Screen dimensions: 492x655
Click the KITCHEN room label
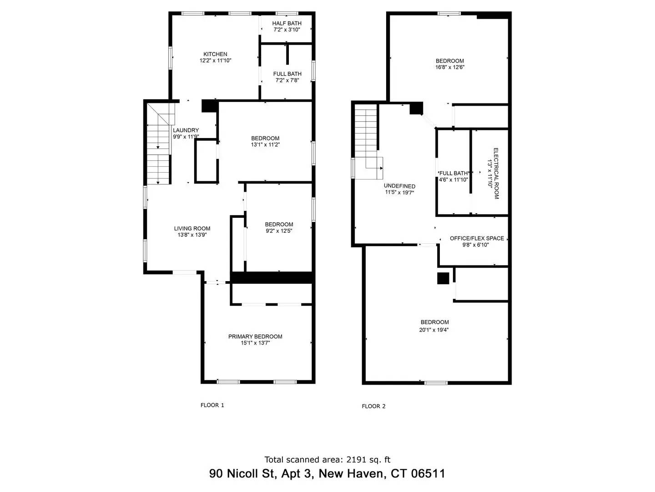(x=215, y=54)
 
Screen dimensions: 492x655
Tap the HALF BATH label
(x=287, y=24)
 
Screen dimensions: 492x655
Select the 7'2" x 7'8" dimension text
(x=287, y=80)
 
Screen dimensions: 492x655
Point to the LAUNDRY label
(x=186, y=130)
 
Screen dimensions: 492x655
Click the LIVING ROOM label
(x=192, y=229)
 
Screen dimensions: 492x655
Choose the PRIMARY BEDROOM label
(x=255, y=337)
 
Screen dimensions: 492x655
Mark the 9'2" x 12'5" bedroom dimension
(x=279, y=231)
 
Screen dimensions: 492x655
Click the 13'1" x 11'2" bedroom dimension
(x=265, y=145)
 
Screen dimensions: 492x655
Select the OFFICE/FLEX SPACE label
(x=477, y=238)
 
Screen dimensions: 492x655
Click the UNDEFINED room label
(x=399, y=186)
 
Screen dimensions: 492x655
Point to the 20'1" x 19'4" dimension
(x=434, y=330)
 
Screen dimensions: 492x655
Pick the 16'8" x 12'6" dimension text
(x=449, y=67)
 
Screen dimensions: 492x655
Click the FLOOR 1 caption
(x=212, y=405)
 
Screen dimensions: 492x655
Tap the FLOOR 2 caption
(x=373, y=406)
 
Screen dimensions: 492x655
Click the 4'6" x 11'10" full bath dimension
(x=453, y=179)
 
